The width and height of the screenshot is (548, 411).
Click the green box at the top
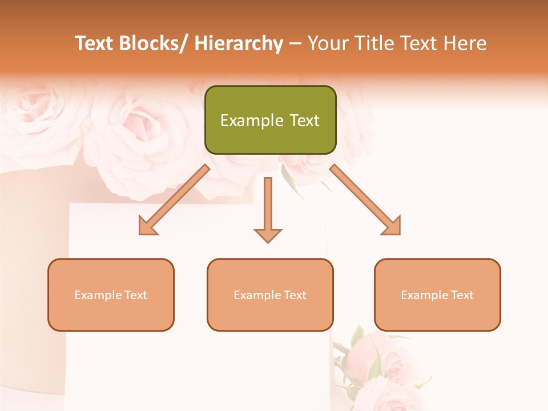[x=270, y=120]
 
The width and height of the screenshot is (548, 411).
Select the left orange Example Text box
[x=111, y=295]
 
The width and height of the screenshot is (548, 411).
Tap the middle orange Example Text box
[x=270, y=295]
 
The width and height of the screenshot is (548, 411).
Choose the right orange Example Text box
[x=437, y=295]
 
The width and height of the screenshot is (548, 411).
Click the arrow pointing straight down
[x=268, y=209]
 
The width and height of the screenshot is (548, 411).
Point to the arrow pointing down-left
[x=175, y=200]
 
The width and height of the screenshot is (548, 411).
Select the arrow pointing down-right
[x=365, y=200]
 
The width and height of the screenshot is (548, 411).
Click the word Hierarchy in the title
[x=239, y=43]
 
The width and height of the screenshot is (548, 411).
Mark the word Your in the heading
[x=328, y=43]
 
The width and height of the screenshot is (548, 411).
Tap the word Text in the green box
[x=304, y=120]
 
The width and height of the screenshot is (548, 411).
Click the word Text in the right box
[x=462, y=295]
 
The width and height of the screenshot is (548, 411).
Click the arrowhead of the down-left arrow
[x=148, y=225]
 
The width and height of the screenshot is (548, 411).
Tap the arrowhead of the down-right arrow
[x=391, y=225]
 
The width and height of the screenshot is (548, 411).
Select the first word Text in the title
[x=94, y=43]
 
